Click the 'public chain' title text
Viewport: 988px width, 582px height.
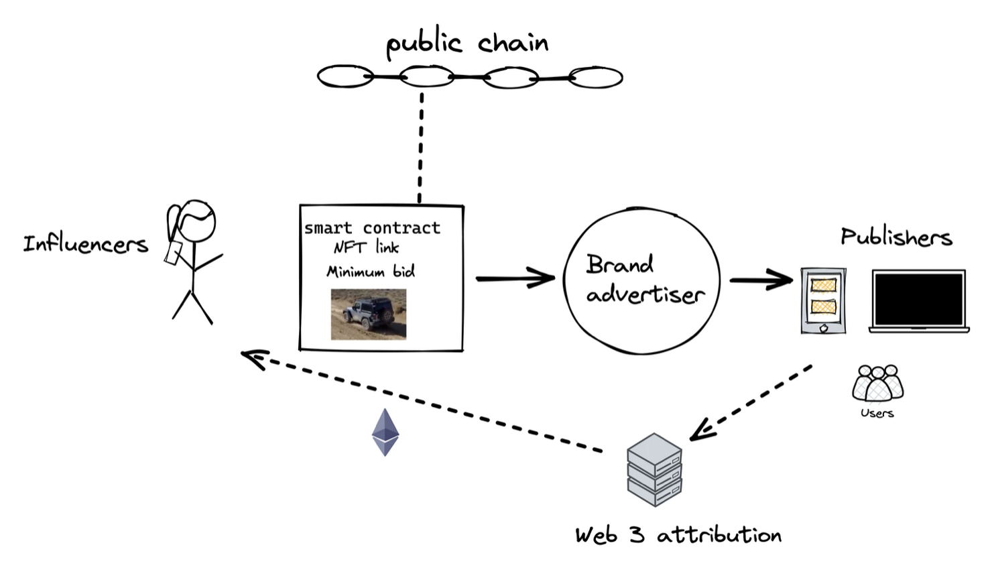click(467, 44)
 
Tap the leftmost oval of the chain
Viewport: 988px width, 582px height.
click(345, 76)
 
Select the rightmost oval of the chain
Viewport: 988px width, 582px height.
click(597, 78)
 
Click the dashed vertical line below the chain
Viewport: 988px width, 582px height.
click(421, 148)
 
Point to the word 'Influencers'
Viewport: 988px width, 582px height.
click(85, 243)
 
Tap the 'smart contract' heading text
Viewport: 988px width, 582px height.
click(373, 228)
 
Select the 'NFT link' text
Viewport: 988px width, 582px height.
click(367, 247)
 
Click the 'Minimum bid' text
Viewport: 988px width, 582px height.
click(371, 272)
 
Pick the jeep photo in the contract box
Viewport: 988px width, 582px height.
click(369, 314)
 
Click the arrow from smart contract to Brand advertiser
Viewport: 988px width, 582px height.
click(515, 277)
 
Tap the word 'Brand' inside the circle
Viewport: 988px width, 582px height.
click(619, 264)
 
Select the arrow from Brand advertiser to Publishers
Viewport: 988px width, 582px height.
click(761, 280)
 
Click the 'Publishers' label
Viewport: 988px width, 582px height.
click(896, 237)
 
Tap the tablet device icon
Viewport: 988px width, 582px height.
click(823, 300)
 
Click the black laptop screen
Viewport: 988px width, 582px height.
click(919, 299)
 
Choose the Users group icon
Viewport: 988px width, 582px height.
click(877, 384)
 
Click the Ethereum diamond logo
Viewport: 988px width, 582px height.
click(385, 432)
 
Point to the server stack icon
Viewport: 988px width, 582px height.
click(654, 469)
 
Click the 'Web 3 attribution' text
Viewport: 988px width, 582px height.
click(678, 535)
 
